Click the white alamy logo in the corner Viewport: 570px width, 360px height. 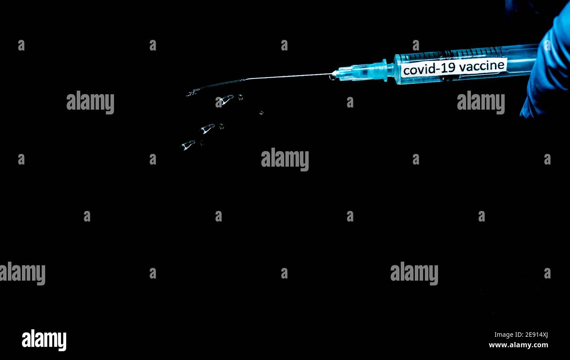[x=44, y=340]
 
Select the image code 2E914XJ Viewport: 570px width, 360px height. [x=537, y=335]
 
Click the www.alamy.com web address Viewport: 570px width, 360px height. [x=518, y=345]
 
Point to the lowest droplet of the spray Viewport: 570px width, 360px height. [x=188, y=145]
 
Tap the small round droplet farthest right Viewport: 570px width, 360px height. [x=261, y=112]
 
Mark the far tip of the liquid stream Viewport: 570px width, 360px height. [x=187, y=95]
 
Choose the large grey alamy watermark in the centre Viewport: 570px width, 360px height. [x=285, y=159]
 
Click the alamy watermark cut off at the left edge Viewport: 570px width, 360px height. [x=22, y=273]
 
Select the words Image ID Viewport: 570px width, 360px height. [x=509, y=335]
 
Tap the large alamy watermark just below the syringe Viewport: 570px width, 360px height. [x=481, y=102]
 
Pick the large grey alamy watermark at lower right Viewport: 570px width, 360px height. [x=414, y=273]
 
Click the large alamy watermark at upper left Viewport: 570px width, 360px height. [x=90, y=102]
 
